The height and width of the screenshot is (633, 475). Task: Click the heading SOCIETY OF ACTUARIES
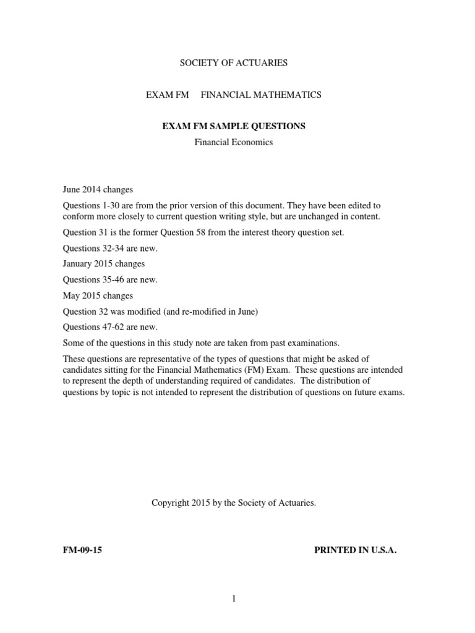click(233, 62)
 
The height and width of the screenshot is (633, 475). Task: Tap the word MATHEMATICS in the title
click(290, 95)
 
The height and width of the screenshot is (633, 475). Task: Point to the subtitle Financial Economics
click(233, 142)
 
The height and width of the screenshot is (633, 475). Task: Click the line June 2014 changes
click(98, 189)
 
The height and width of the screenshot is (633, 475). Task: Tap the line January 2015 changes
click(104, 264)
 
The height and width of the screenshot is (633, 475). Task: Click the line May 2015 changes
click(98, 295)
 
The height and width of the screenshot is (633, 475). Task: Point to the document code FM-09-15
click(82, 550)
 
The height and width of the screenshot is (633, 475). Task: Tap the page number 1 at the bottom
click(234, 598)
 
